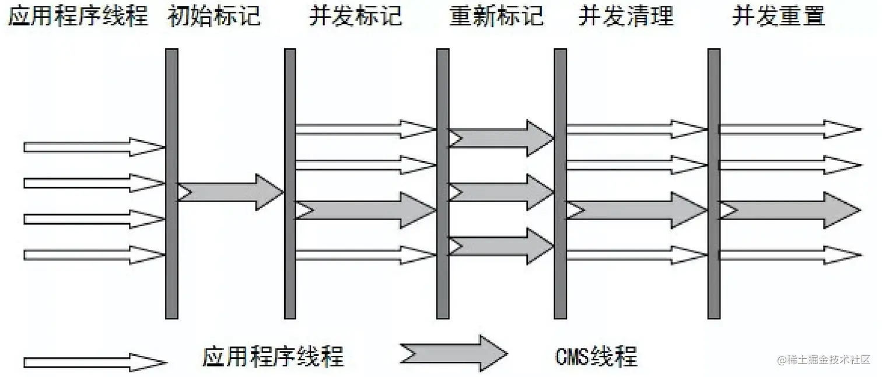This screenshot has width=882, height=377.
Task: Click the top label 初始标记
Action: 213,16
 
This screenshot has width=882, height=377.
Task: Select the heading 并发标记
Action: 355,16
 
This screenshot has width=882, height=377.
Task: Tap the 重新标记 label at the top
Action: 496,16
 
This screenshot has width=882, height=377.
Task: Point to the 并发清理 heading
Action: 625,16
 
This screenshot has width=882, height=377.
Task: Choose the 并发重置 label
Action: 778,16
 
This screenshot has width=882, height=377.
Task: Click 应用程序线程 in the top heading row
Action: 78,16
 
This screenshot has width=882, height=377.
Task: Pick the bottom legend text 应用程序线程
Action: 273,355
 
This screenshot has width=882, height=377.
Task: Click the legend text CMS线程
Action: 597,355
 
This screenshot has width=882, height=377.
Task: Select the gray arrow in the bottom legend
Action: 454,353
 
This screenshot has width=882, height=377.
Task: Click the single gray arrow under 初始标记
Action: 231,191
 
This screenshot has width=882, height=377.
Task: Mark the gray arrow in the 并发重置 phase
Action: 789,210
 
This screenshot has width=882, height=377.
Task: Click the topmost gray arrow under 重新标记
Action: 501,138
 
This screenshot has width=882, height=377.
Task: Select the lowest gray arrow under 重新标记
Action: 501,246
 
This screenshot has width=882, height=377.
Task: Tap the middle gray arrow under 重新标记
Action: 501,191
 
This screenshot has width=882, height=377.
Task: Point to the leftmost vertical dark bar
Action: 171,183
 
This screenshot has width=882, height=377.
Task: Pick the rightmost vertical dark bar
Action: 714,183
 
